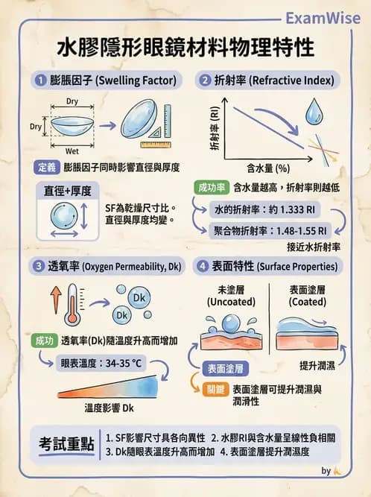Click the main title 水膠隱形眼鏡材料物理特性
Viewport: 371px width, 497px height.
tap(185, 48)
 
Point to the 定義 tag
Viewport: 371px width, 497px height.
tap(46, 167)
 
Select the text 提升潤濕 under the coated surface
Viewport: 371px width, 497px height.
tap(317, 365)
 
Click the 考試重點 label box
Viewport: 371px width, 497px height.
tap(66, 444)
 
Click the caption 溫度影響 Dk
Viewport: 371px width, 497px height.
tap(109, 408)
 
